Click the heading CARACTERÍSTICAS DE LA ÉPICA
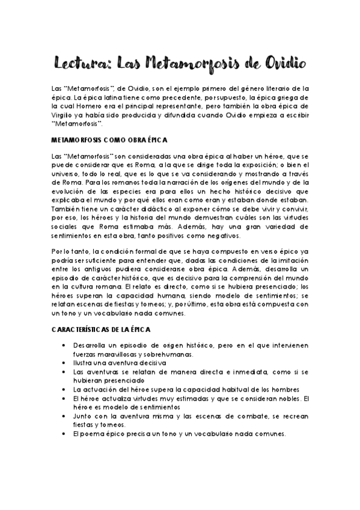pyautogui.click(x=102, y=331)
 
